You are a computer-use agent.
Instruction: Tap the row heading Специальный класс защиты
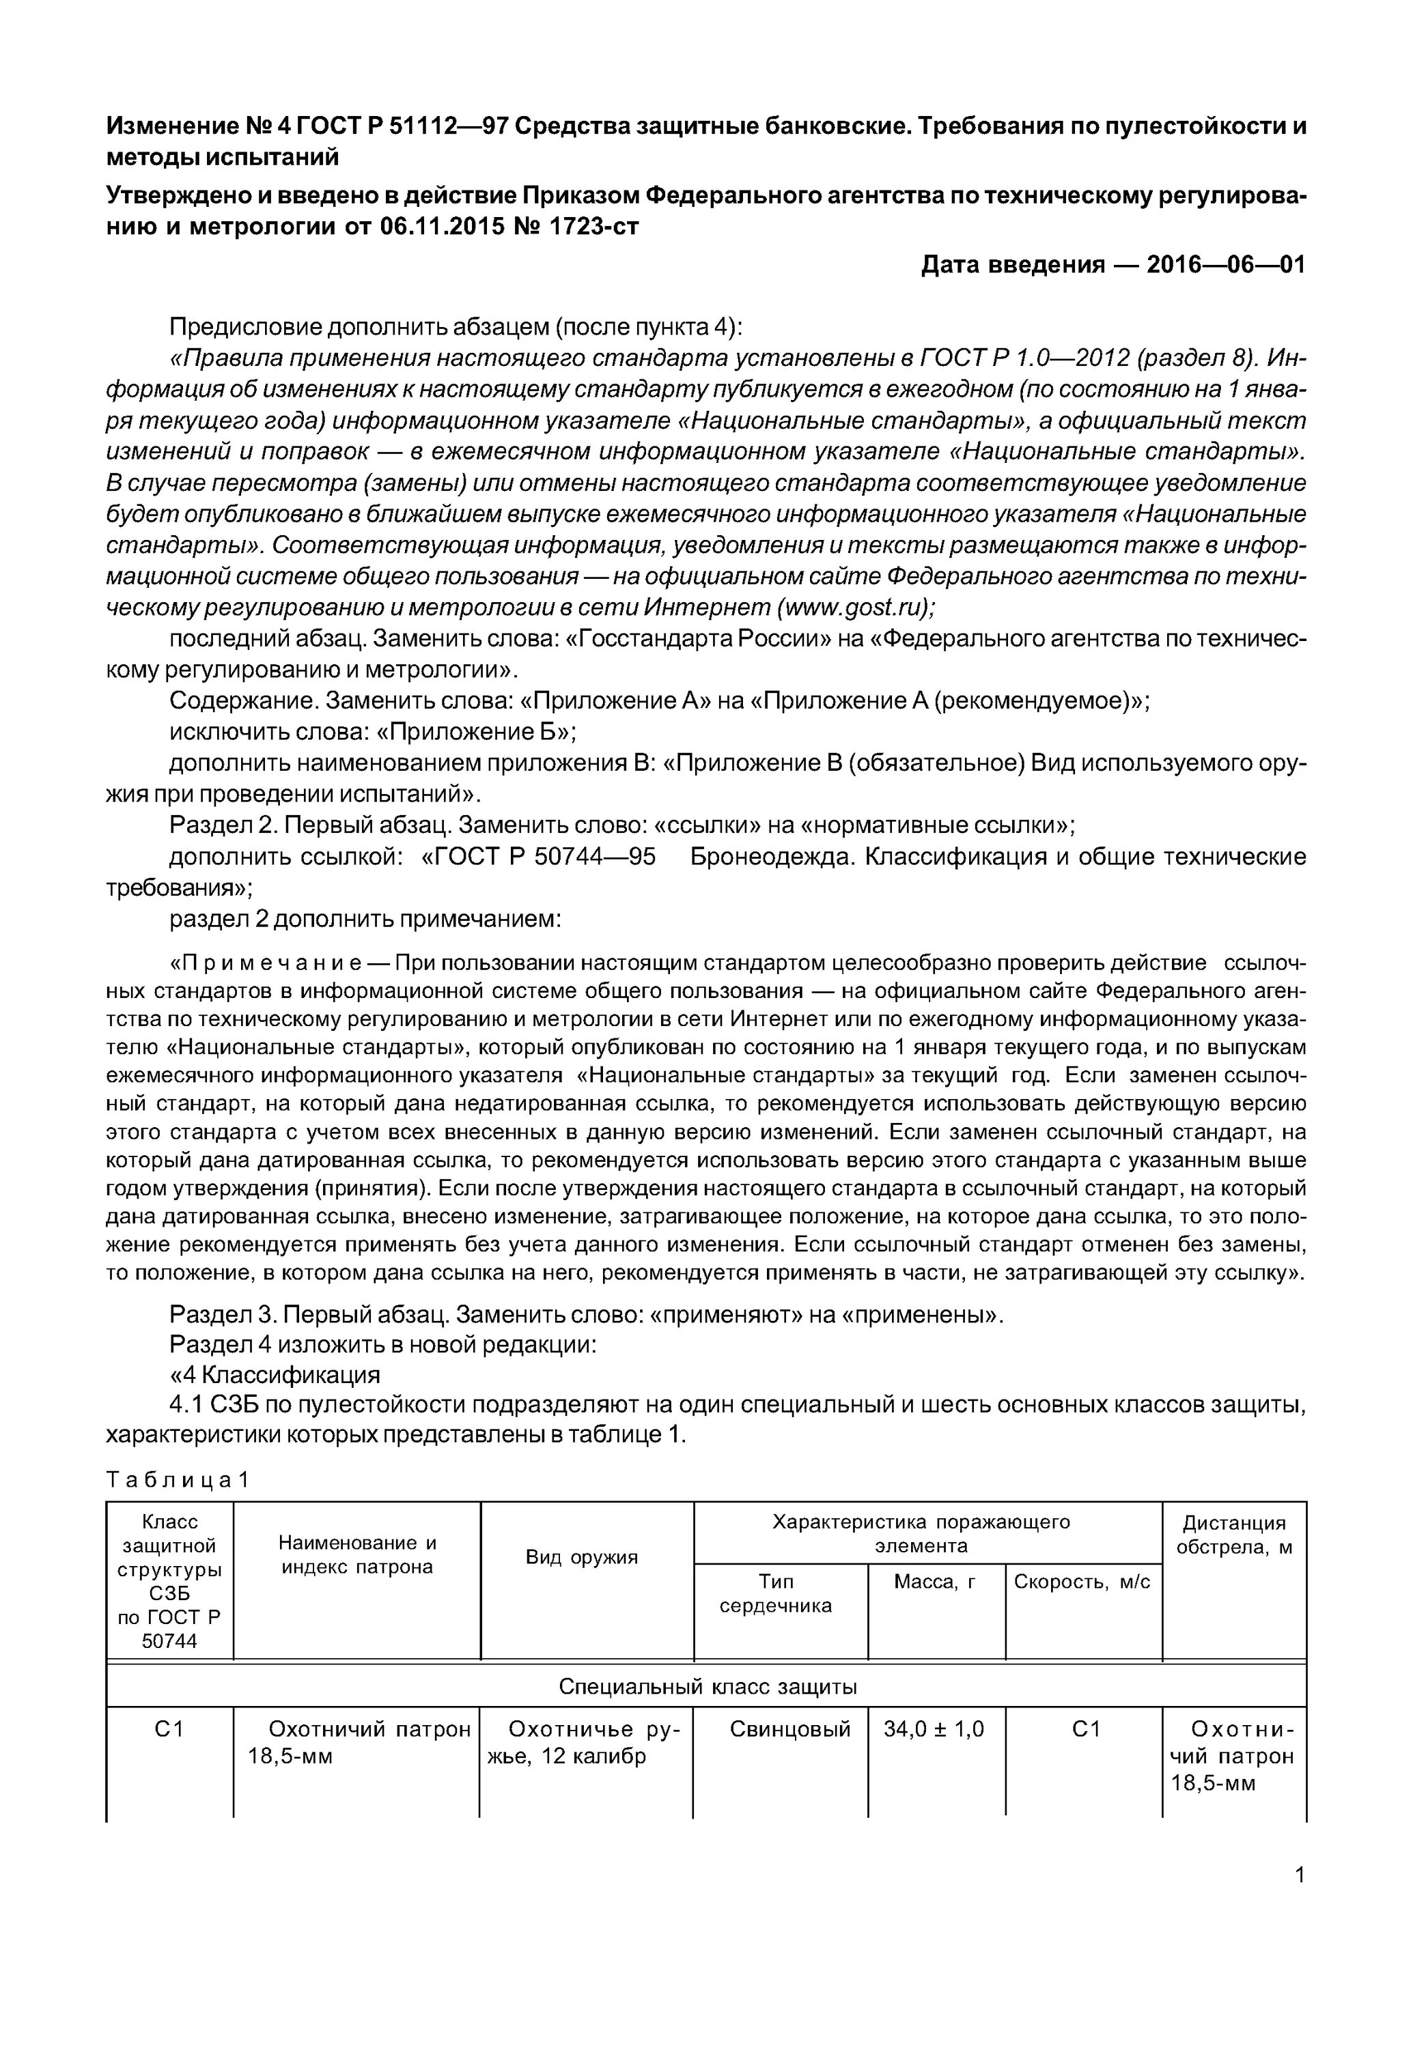coord(708,1687)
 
